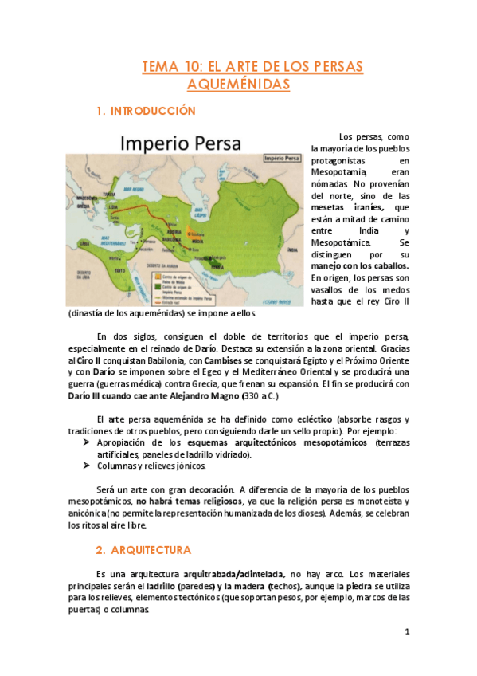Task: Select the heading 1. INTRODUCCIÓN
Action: pos(145,111)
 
